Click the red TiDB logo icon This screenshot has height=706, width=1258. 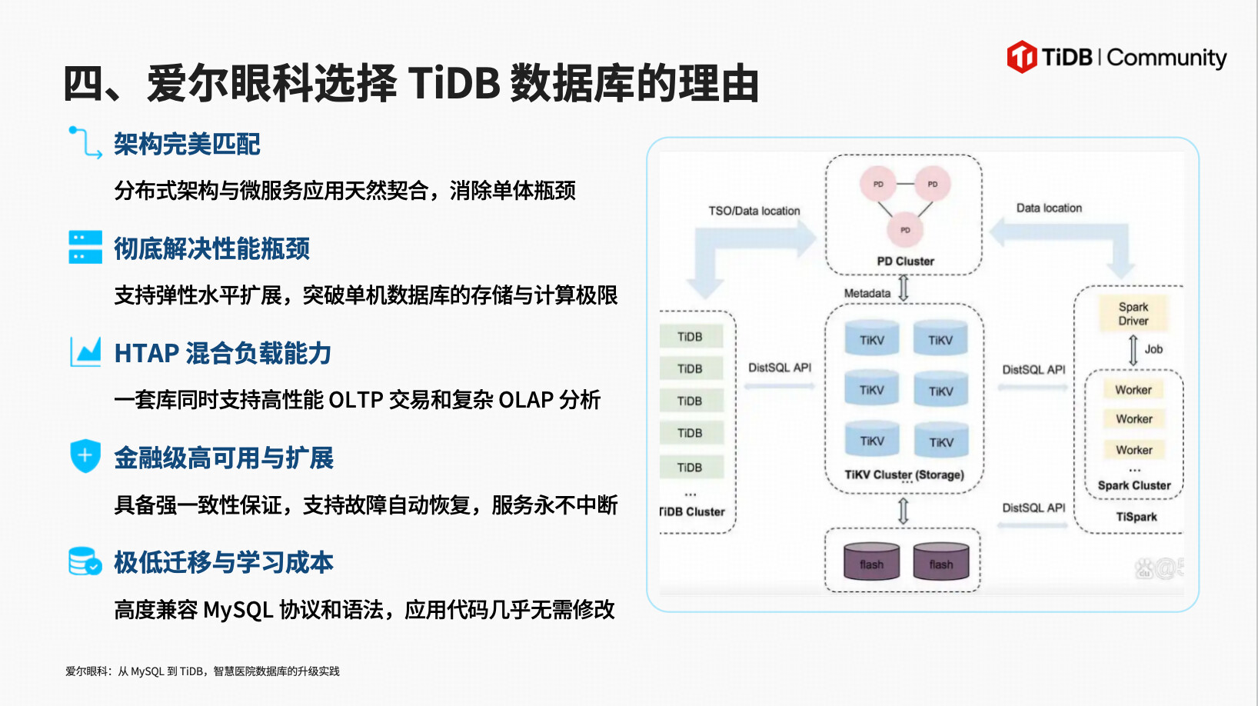coord(1022,57)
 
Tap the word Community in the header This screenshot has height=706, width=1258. coord(1166,58)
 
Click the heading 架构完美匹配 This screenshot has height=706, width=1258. coord(187,145)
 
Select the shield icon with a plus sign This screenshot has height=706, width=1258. coord(85,455)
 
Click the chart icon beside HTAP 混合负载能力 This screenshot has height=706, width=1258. coord(85,351)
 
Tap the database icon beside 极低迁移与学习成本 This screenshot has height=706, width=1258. coord(85,561)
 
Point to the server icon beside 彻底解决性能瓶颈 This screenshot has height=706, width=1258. coord(85,247)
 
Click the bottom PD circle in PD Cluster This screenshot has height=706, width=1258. coord(905,230)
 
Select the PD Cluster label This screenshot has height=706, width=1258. coord(905,261)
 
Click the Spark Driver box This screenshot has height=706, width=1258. coord(1133,314)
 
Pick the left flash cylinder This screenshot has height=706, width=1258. coord(872,561)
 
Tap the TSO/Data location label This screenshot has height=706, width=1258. coord(754,211)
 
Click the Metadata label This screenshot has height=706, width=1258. coord(867,293)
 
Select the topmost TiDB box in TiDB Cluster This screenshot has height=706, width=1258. coord(691,336)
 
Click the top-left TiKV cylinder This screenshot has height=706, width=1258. coord(872,338)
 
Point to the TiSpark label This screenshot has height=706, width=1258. coord(1137,517)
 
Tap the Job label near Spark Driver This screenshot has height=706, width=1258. coord(1153,349)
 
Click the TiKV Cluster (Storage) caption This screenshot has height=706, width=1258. coord(904,475)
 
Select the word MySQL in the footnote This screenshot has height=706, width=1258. coord(147,671)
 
